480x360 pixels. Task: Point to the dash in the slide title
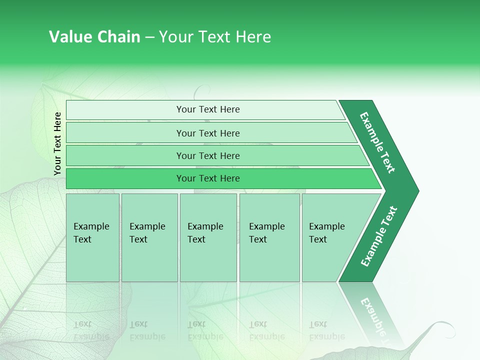click(149, 37)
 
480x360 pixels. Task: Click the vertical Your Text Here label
click(57, 143)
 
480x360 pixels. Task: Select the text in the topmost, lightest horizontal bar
click(208, 109)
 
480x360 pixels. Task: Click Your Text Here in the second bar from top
click(208, 133)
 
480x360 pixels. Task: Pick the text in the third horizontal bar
click(208, 155)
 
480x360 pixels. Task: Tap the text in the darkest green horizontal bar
click(208, 178)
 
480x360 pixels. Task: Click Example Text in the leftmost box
click(91, 233)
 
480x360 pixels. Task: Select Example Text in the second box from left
click(147, 233)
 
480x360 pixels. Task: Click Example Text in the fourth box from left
click(267, 233)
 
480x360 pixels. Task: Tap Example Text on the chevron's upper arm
click(377, 142)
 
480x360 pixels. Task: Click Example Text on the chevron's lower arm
click(379, 236)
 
